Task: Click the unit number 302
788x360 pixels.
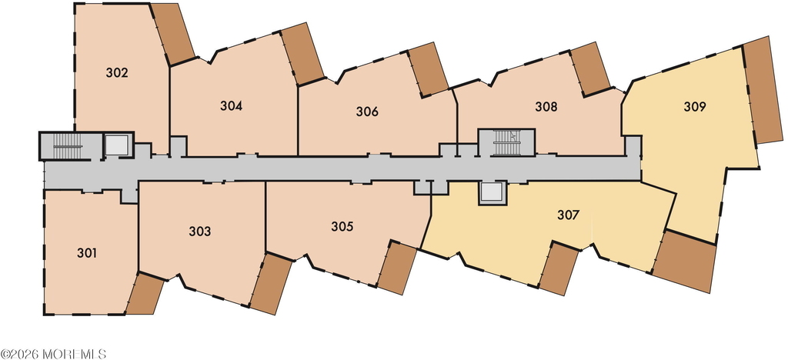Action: (x=117, y=73)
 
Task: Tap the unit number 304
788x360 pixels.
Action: (x=231, y=106)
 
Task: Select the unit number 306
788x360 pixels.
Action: (x=367, y=112)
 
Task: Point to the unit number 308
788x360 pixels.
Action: (x=546, y=106)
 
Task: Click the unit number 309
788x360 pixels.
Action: (x=695, y=106)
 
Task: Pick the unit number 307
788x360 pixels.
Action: (x=569, y=215)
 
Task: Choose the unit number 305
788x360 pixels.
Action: (x=342, y=226)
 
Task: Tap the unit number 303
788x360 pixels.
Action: (x=199, y=232)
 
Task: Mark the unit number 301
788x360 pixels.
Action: (x=87, y=253)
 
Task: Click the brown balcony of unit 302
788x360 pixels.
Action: (x=173, y=33)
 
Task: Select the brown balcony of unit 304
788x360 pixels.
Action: (x=302, y=54)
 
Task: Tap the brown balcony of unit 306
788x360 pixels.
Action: (x=428, y=69)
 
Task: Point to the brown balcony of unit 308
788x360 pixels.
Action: (x=591, y=68)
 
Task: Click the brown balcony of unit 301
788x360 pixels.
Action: (x=145, y=294)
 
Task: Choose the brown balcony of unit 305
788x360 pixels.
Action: (x=397, y=268)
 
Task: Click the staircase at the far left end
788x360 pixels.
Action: (x=68, y=146)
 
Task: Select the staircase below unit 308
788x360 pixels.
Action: (x=506, y=142)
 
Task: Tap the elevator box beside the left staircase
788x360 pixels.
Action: (x=117, y=145)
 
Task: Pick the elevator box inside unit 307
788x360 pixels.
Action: (x=491, y=193)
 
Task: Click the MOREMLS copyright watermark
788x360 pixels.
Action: (x=53, y=354)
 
